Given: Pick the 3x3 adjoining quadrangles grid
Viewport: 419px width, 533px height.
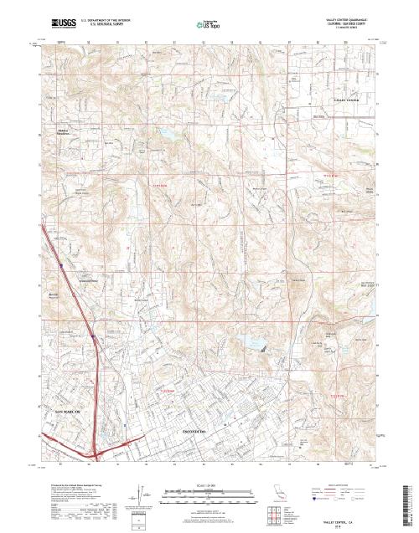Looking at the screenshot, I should coord(277,513).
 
